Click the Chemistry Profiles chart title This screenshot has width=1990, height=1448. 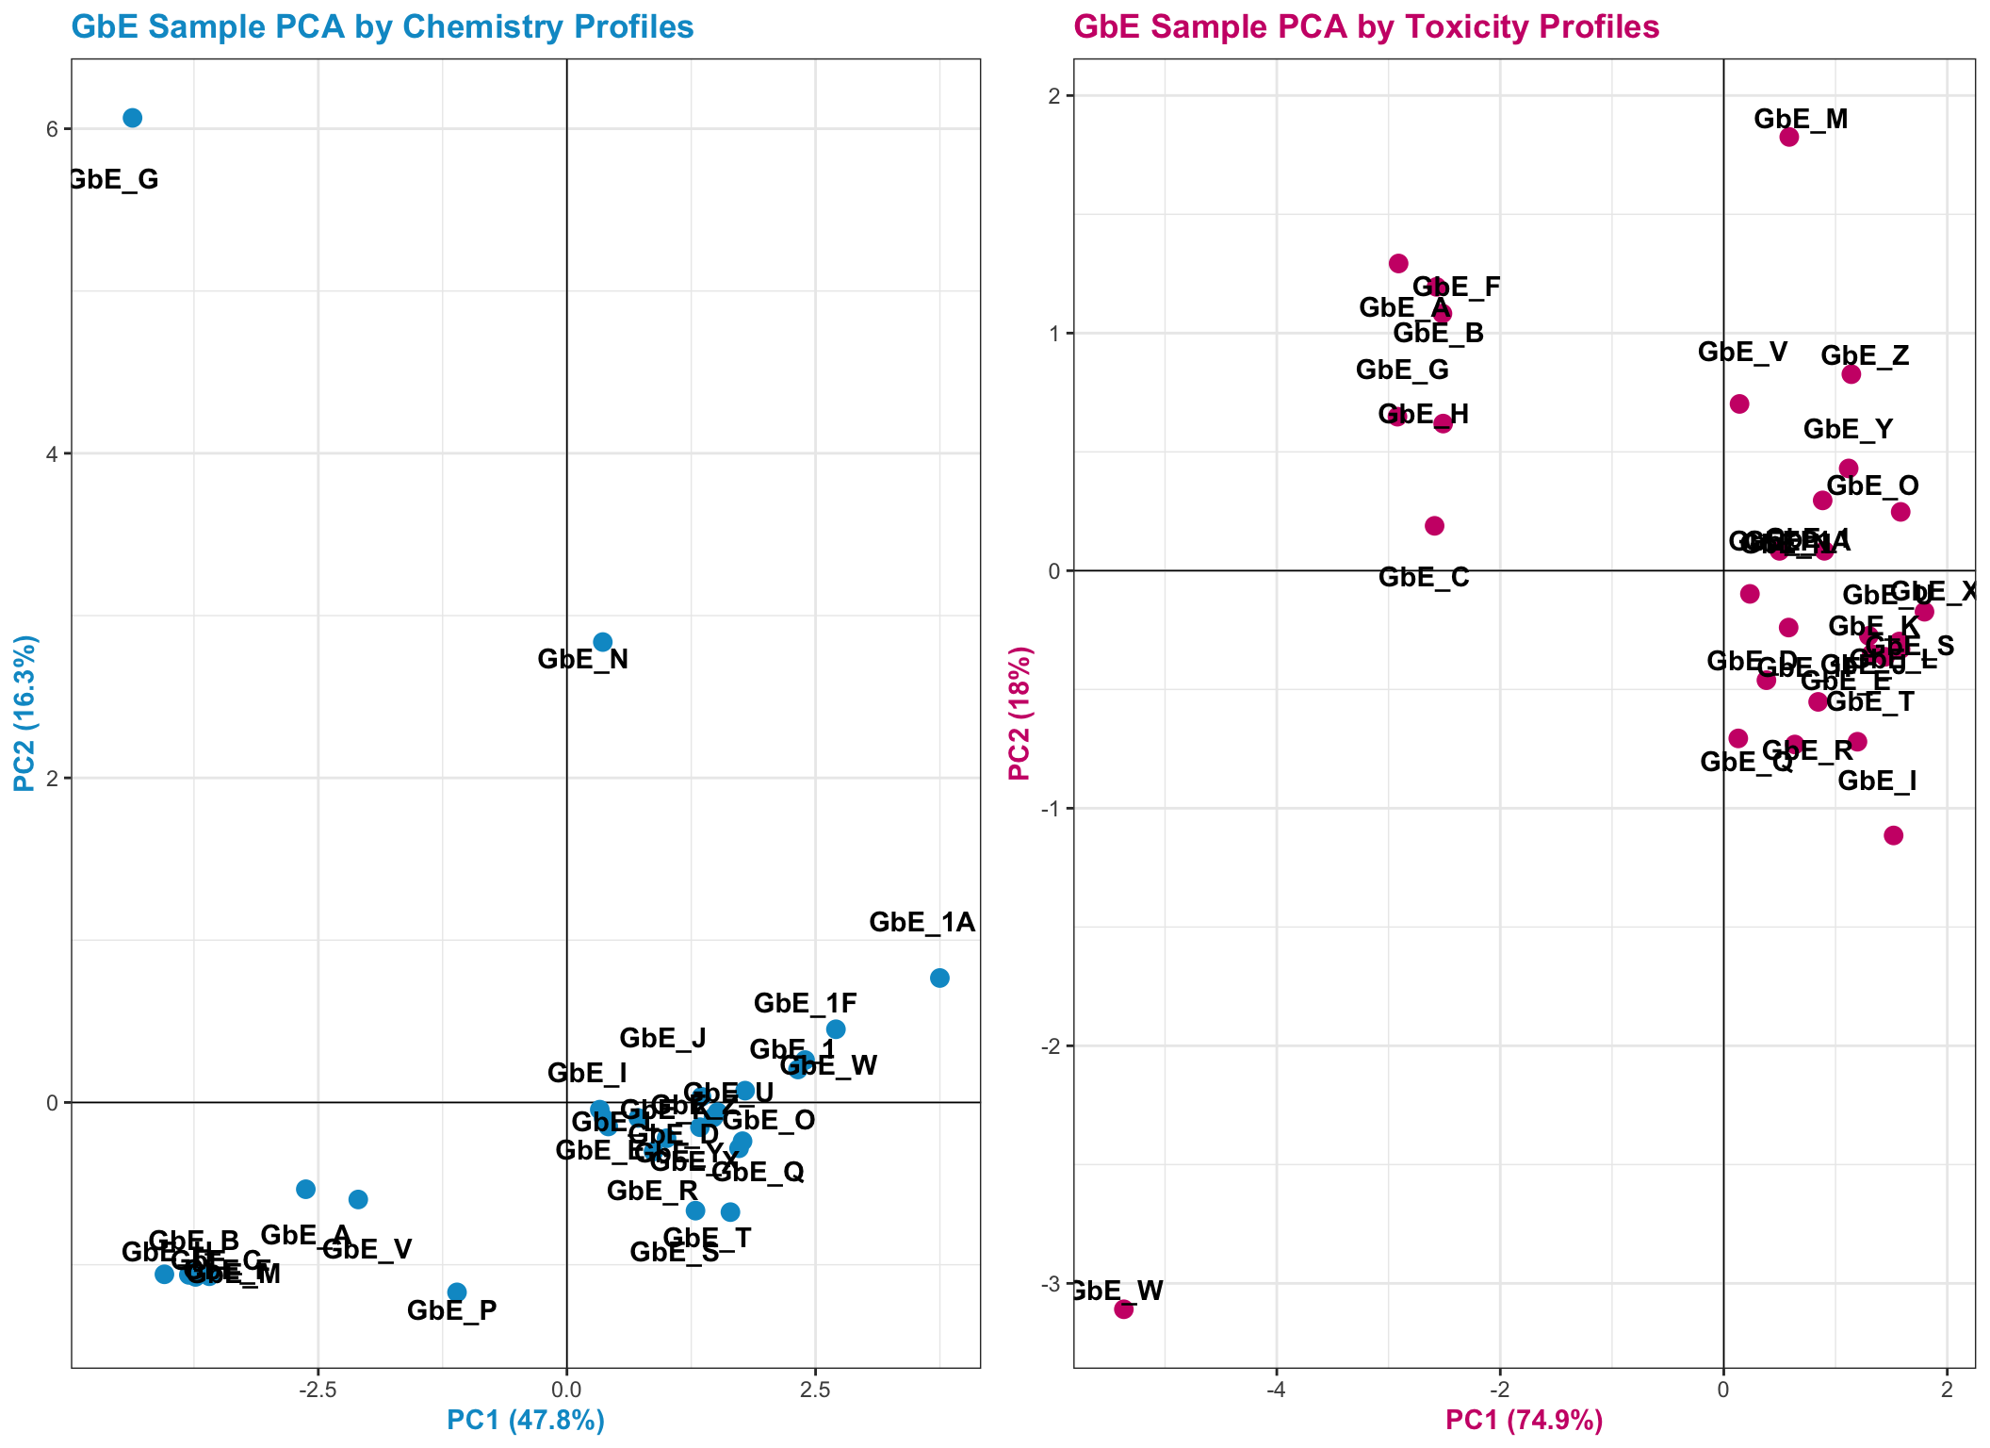(382, 27)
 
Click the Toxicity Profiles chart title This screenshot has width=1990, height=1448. (1366, 27)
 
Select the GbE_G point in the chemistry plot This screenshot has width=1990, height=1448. (133, 118)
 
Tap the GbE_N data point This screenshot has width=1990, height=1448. (603, 642)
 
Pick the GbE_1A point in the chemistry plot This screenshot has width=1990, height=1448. (939, 978)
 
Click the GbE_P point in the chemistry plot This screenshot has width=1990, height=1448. (457, 1292)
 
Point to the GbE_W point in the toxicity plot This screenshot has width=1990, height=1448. (1123, 1308)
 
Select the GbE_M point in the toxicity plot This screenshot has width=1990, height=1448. (1789, 137)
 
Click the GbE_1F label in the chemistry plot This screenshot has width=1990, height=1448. (806, 1004)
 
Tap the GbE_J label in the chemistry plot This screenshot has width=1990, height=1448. (662, 1039)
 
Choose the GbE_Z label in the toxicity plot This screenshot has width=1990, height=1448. (1865, 356)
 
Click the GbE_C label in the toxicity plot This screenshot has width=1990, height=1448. (1424, 578)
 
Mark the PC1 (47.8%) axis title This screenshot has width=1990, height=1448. (526, 1420)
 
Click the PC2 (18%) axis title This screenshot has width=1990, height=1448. (1019, 714)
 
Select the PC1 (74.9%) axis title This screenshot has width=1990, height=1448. (1524, 1420)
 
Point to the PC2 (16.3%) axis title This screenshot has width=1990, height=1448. (25, 714)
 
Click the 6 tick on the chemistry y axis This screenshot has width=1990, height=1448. (53, 129)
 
